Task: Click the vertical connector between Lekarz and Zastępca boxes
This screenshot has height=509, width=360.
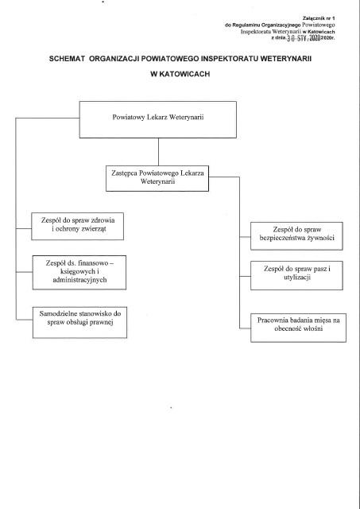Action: (x=158, y=152)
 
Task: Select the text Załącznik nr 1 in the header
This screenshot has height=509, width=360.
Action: (x=319, y=18)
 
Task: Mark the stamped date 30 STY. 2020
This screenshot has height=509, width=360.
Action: (x=304, y=38)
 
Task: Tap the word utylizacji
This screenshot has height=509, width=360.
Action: (x=297, y=278)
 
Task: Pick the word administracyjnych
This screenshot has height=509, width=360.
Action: (x=79, y=280)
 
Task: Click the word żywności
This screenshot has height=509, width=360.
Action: (x=321, y=238)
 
